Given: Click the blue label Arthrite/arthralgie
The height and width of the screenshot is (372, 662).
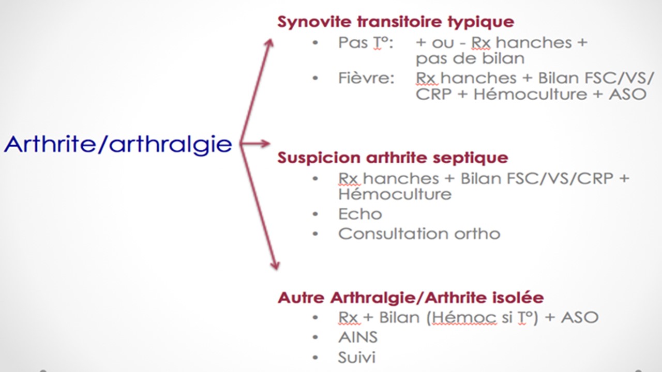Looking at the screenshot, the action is pyautogui.click(x=118, y=145).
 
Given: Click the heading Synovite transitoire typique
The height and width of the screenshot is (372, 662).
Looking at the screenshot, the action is pyautogui.click(x=396, y=22).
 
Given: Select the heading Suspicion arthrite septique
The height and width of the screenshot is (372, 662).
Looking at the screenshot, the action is pyautogui.click(x=393, y=158).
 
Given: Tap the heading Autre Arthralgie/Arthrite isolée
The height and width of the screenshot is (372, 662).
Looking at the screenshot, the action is pyautogui.click(x=411, y=297).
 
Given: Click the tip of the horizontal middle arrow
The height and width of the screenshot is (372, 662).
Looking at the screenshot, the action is pyautogui.click(x=270, y=144).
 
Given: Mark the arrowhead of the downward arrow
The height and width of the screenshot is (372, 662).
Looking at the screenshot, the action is pyautogui.click(x=276, y=269).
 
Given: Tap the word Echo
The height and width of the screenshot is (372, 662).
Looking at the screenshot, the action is pyautogui.click(x=360, y=214).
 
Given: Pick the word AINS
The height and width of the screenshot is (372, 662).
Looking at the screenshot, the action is pyautogui.click(x=358, y=337).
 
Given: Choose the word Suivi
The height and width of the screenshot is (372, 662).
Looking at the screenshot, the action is pyautogui.click(x=357, y=357).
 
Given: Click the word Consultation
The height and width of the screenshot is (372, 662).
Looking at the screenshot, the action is pyautogui.click(x=394, y=234).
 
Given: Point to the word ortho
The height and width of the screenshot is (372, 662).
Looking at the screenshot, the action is pyautogui.click(x=477, y=234).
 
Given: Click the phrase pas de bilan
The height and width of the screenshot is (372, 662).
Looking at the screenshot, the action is pyautogui.click(x=470, y=59).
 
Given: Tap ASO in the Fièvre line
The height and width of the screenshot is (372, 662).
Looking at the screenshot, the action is pyautogui.click(x=627, y=95).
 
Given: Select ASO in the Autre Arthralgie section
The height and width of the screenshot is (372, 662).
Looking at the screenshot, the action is pyautogui.click(x=580, y=318).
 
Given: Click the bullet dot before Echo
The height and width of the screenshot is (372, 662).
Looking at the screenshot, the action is pyautogui.click(x=315, y=214).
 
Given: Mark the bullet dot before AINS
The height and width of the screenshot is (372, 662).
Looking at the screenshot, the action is pyautogui.click(x=315, y=337).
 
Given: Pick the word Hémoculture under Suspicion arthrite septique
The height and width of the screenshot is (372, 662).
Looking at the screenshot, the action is pyautogui.click(x=395, y=194).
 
